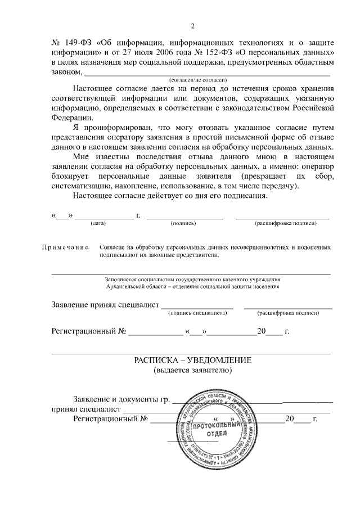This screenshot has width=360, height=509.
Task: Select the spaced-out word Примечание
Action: pos(65,247)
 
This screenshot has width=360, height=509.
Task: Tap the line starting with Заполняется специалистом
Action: pos(192,279)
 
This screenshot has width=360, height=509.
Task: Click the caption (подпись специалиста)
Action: pos(197,312)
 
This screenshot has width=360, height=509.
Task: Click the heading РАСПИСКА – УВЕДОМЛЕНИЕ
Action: pos(192,360)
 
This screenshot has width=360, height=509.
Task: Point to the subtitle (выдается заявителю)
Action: pos(192,370)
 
